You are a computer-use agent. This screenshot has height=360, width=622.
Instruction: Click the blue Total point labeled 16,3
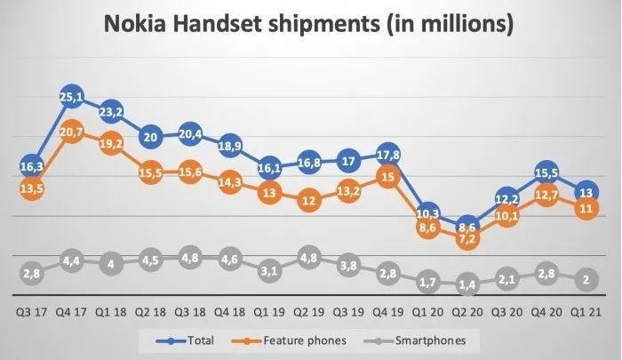click(x=32, y=166)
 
